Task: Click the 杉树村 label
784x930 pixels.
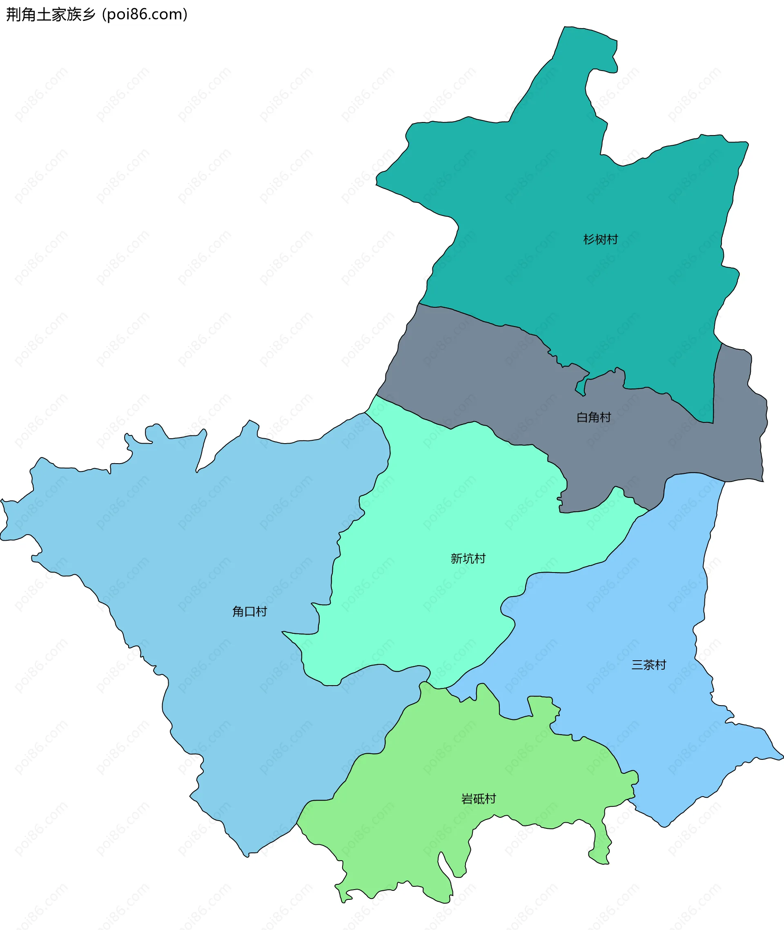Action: (x=600, y=240)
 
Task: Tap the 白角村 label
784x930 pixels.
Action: (x=593, y=417)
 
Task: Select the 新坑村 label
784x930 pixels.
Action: (x=468, y=558)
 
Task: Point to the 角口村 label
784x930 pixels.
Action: (x=249, y=612)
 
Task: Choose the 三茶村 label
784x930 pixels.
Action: (x=648, y=665)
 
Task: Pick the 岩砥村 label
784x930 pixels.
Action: (x=478, y=799)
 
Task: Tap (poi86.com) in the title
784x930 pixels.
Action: (x=145, y=15)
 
